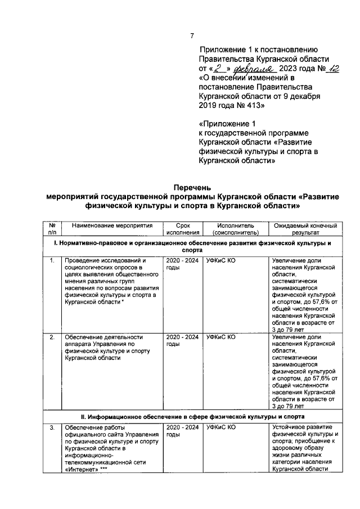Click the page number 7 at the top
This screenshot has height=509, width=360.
pyautogui.click(x=192, y=36)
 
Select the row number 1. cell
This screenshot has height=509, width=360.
pyautogui.click(x=52, y=260)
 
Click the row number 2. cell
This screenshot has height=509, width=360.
pyautogui.click(x=52, y=337)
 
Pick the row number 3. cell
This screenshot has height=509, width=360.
pyautogui.click(x=52, y=428)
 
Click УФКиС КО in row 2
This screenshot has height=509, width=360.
pyautogui.click(x=220, y=337)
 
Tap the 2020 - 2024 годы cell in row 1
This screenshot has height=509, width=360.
pyautogui.click(x=183, y=264)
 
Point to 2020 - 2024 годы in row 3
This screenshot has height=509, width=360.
pyautogui.click(x=183, y=431)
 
